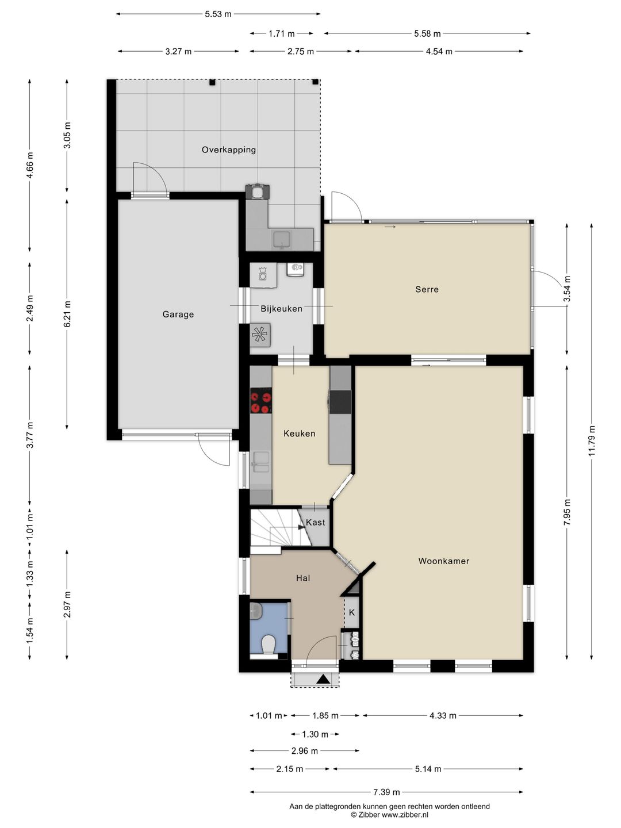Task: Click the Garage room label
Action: tap(178, 314)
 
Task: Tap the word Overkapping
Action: tap(228, 149)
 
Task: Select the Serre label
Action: tap(427, 289)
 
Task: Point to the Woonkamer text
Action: tap(444, 561)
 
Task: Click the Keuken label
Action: tap(300, 434)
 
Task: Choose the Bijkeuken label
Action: tap(282, 309)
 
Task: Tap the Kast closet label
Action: tap(315, 523)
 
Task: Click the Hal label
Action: tap(303, 578)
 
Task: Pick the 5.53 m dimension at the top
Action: tap(218, 14)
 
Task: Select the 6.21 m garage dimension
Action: tap(67, 314)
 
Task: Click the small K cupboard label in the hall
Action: tap(352, 612)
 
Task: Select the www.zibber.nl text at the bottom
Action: tap(405, 815)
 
